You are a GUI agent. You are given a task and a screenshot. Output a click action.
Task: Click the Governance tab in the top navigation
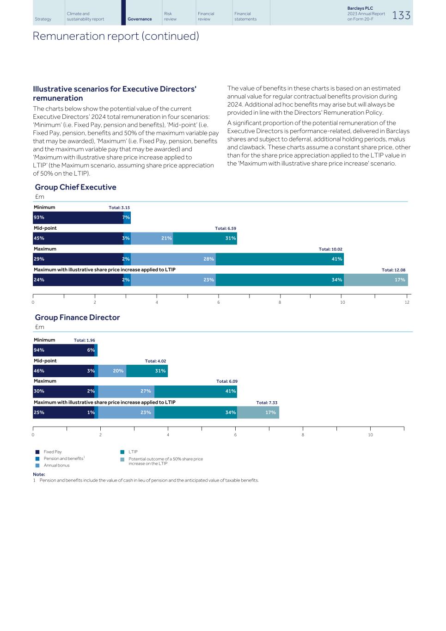click(140, 19)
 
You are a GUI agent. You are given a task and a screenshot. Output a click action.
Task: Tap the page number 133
click(401, 15)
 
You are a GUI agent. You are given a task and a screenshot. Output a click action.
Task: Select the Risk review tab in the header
click(170, 16)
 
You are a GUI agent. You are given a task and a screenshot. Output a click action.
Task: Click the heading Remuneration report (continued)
click(116, 36)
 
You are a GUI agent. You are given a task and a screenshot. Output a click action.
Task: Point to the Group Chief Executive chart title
click(75, 187)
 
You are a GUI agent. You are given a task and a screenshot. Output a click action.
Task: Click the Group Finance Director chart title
click(77, 318)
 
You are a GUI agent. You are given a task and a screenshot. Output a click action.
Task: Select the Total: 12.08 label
click(393, 270)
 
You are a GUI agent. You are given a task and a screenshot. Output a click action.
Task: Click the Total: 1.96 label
click(84, 340)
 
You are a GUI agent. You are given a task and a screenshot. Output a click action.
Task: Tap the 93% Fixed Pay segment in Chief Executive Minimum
click(78, 218)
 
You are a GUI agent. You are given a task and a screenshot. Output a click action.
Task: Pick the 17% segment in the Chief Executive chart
click(376, 280)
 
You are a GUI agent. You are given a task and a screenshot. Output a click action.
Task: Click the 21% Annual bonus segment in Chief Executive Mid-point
click(152, 239)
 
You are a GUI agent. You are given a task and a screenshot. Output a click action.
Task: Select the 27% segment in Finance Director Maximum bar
click(126, 392)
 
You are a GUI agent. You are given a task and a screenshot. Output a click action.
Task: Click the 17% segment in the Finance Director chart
click(258, 412)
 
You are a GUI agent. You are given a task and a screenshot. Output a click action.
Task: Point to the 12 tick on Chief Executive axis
click(407, 302)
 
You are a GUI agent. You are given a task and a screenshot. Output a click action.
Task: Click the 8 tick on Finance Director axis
click(303, 435)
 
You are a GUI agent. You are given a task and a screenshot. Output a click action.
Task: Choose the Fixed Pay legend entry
click(52, 452)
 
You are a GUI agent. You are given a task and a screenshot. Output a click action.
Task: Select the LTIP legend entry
click(133, 452)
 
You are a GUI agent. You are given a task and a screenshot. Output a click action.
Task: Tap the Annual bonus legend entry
click(56, 466)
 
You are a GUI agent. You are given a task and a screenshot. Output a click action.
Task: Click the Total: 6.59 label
click(225, 228)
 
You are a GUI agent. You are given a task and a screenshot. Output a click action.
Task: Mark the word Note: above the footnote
click(39, 474)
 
